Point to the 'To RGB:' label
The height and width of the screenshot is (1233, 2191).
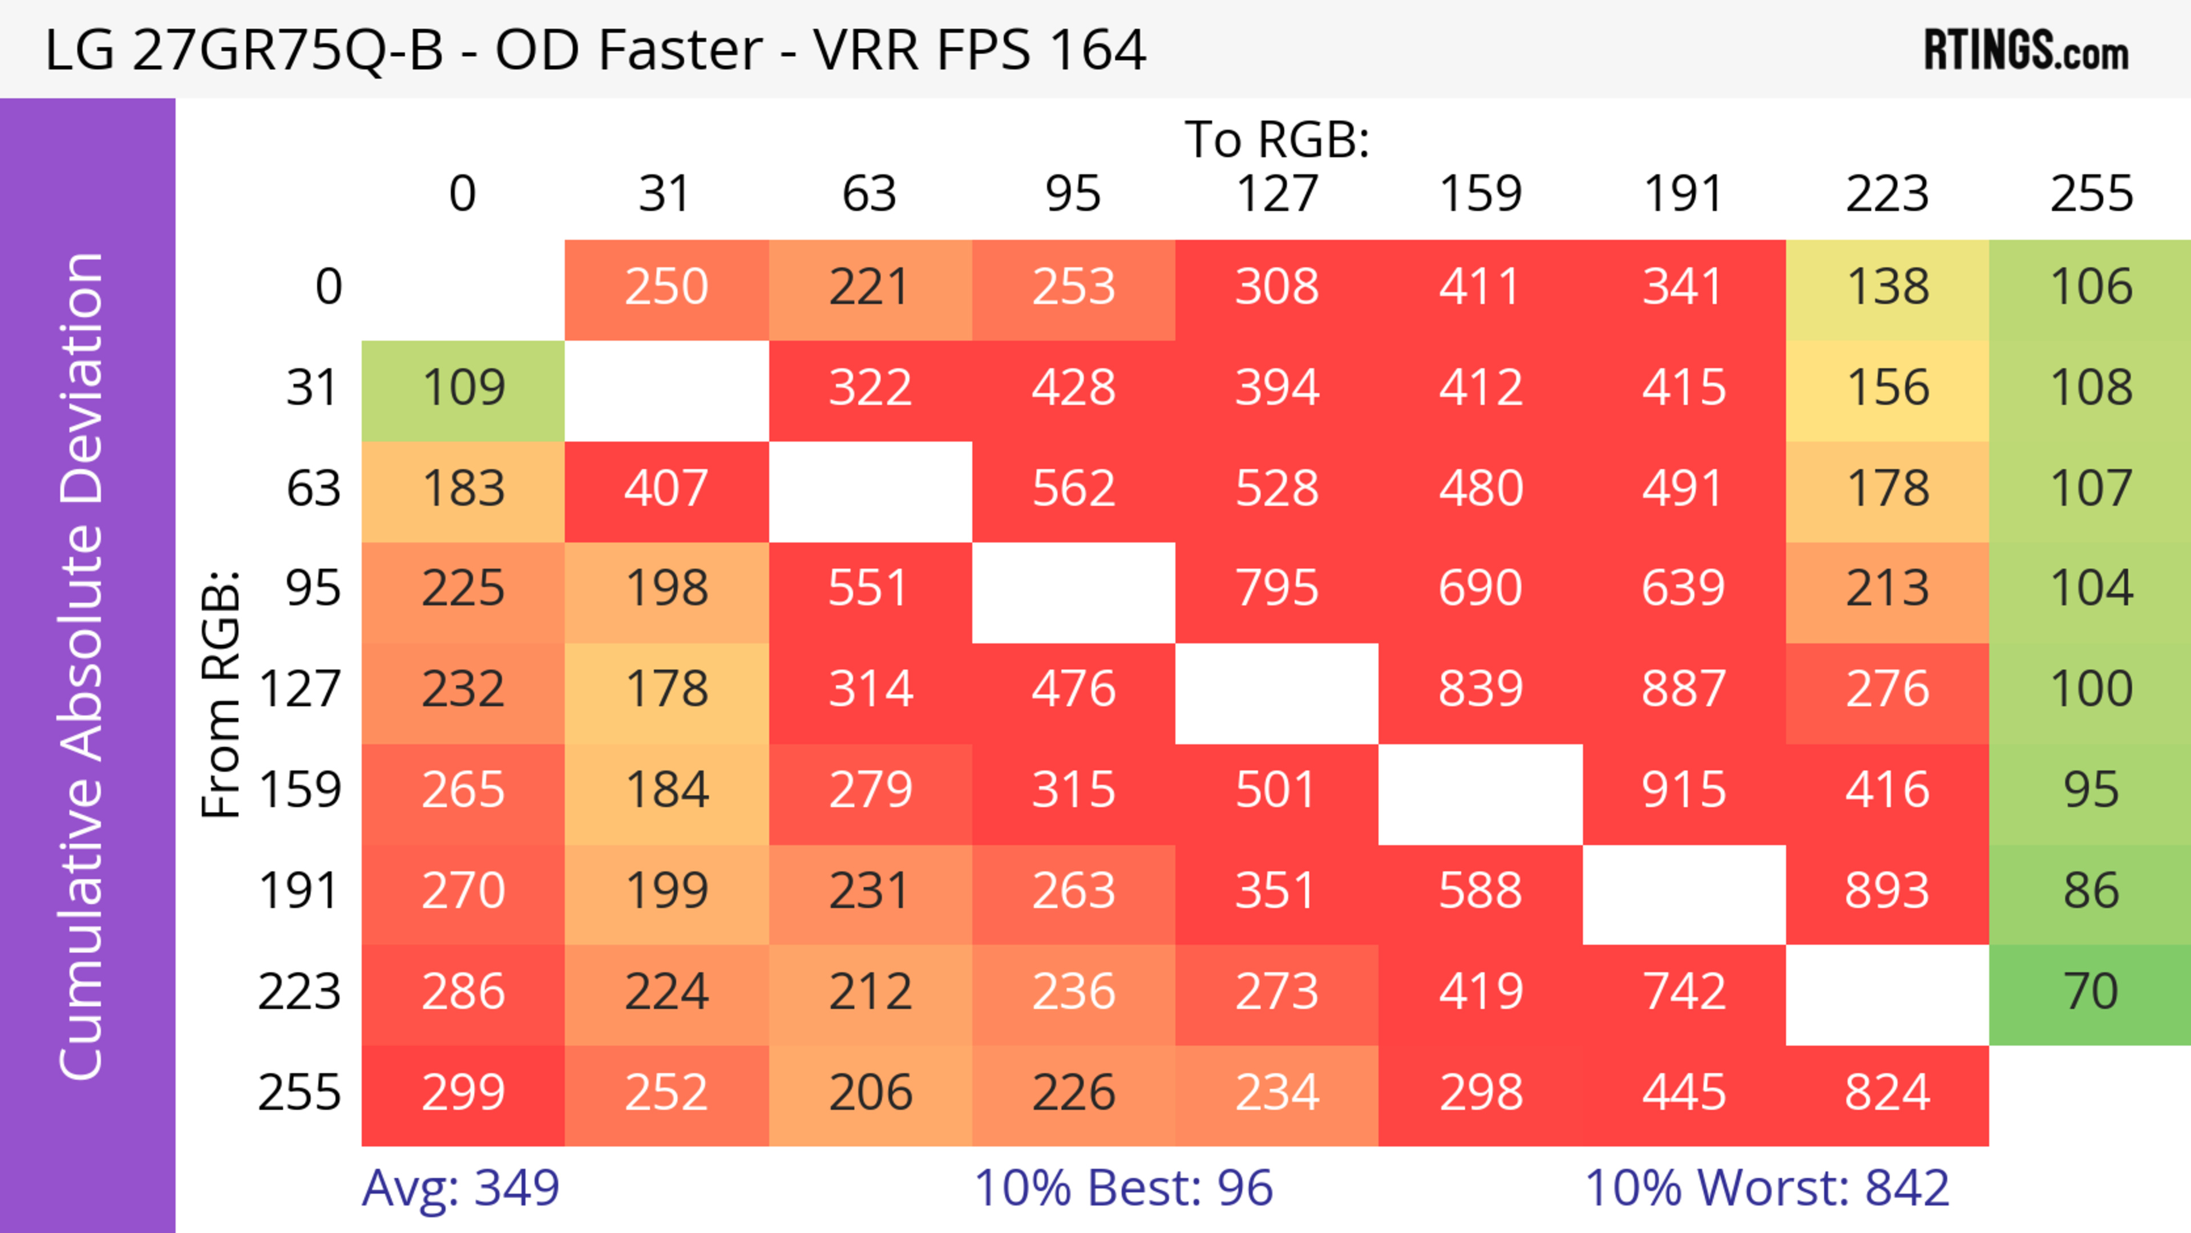pyautogui.click(x=1277, y=139)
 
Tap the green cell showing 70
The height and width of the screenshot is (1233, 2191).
pyautogui.click(x=2091, y=992)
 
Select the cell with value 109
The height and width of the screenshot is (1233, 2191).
pyautogui.click(x=463, y=388)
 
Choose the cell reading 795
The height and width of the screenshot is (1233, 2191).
pyautogui.click(x=1277, y=588)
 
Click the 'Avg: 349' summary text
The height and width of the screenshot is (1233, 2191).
pyautogui.click(x=460, y=1187)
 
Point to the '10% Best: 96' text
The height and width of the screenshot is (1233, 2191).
pyautogui.click(x=1123, y=1187)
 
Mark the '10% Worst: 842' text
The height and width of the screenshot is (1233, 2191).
pyautogui.click(x=1766, y=1187)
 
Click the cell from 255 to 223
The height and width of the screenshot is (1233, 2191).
pyautogui.click(x=1886, y=1092)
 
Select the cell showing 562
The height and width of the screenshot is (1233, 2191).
pyautogui.click(x=1073, y=488)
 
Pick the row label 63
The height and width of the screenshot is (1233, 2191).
pyautogui.click(x=313, y=488)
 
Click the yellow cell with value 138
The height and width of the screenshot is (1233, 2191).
pyautogui.click(x=1886, y=286)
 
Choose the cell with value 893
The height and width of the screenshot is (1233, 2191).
pyautogui.click(x=1886, y=890)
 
